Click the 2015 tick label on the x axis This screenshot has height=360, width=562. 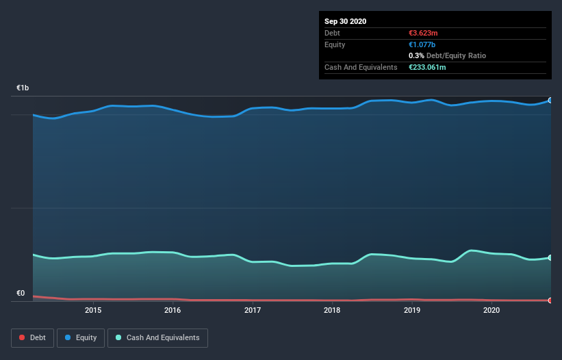point(93,310)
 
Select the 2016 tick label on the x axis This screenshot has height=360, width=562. point(173,310)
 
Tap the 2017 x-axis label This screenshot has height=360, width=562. point(253,310)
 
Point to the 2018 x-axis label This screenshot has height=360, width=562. point(332,310)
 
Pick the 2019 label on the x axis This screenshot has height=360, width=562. point(412,310)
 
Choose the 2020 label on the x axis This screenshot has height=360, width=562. point(491,310)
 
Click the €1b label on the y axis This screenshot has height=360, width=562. point(23,88)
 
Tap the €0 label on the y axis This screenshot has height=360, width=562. point(21,294)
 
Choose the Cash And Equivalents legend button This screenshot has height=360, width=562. point(157,337)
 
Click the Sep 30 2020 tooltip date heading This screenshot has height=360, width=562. point(345,21)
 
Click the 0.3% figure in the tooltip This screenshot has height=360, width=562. point(415,55)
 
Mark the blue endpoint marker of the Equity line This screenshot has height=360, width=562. point(550,100)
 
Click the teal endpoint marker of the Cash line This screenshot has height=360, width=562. point(550,258)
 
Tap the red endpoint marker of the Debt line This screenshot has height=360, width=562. point(550,300)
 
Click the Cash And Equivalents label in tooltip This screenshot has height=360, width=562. point(361,67)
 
